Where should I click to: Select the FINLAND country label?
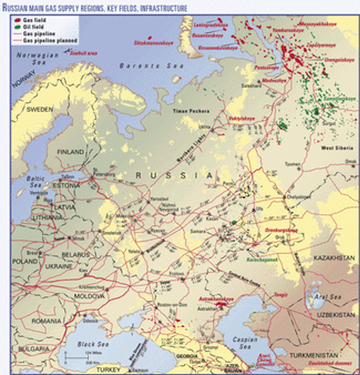click(x=71, y=151)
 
